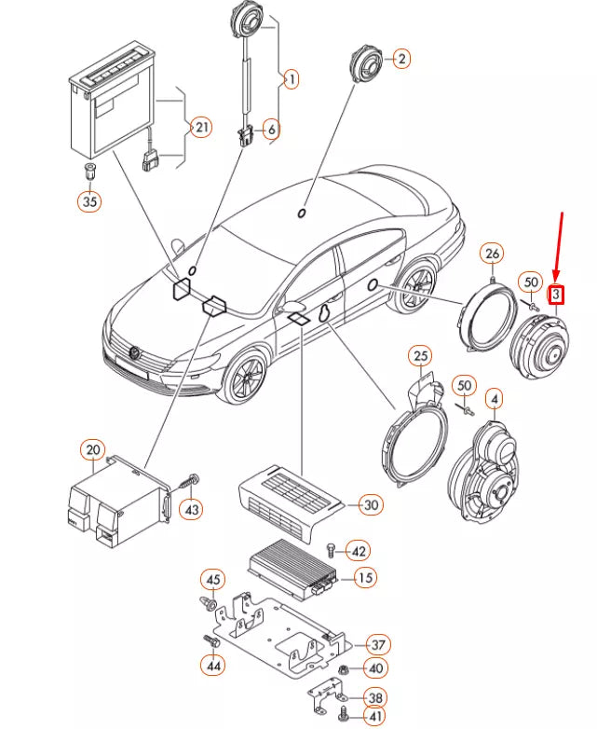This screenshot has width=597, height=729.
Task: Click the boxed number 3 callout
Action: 556,294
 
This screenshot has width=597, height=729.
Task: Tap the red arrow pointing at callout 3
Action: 559,247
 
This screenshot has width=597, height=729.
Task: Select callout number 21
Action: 201,128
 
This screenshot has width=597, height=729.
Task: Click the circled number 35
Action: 89,200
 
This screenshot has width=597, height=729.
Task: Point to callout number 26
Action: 492,254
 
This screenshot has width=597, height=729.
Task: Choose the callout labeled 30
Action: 372,504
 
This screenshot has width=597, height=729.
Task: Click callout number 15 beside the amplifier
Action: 366,577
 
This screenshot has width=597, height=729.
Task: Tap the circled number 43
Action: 192,510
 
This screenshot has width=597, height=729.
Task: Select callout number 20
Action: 93,449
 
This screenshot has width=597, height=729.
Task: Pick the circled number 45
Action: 213,580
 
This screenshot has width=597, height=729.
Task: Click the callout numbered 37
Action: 379,645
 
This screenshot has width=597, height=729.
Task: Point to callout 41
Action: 375,717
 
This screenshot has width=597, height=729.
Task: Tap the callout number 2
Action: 401,59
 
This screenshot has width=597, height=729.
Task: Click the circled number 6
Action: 271,130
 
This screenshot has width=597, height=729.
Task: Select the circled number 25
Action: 420,356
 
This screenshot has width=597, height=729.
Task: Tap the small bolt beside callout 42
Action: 332,550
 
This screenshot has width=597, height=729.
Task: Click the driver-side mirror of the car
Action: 291,308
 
